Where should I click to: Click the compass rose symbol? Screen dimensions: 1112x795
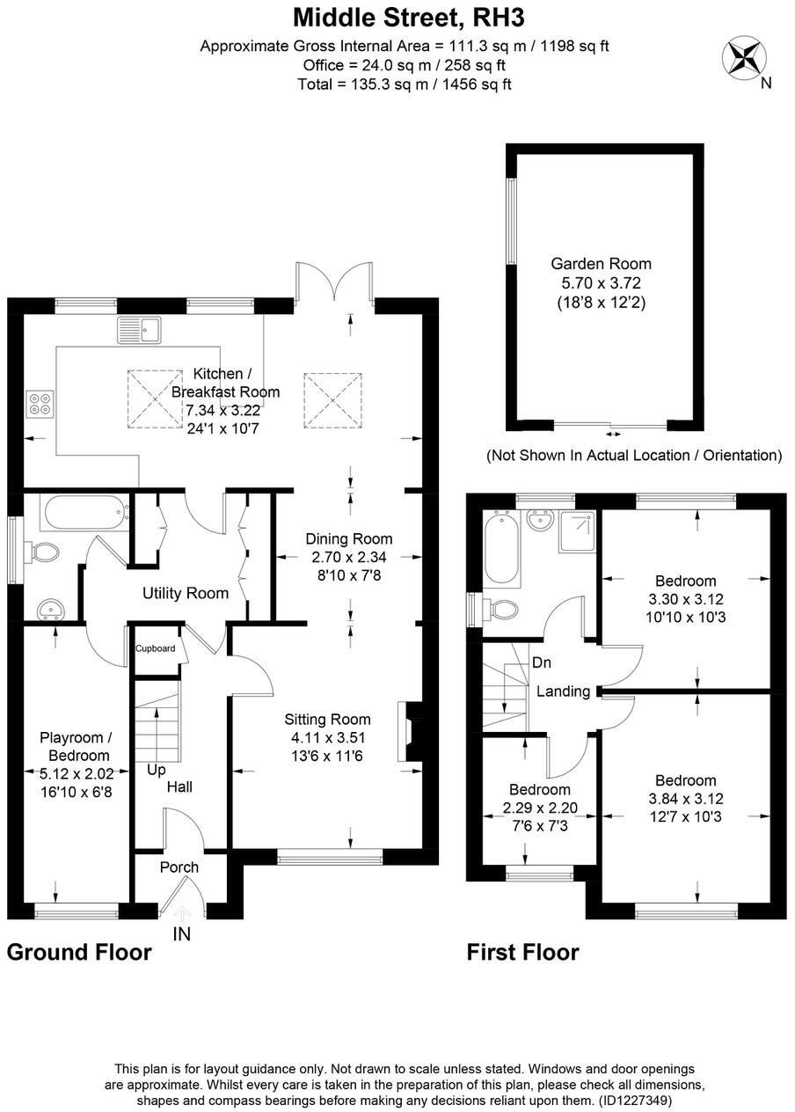(743, 58)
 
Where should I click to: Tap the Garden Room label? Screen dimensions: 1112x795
(601, 263)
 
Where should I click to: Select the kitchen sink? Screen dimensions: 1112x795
(138, 330)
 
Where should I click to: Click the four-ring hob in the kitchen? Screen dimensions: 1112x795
(40, 402)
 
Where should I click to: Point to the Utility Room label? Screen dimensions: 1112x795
(186, 593)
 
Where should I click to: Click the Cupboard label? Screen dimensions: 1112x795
(156, 649)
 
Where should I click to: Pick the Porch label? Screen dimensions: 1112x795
(179, 867)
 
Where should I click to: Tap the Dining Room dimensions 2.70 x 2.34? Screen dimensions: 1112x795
(348, 556)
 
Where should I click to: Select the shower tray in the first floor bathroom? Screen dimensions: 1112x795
(576, 533)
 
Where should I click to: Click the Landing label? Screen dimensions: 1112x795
(563, 691)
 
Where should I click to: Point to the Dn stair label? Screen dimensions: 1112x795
(542, 662)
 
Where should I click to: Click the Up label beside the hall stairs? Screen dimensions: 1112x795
(157, 769)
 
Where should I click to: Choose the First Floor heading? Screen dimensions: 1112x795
(522, 952)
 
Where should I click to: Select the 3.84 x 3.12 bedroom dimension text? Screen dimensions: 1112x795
(685, 799)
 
